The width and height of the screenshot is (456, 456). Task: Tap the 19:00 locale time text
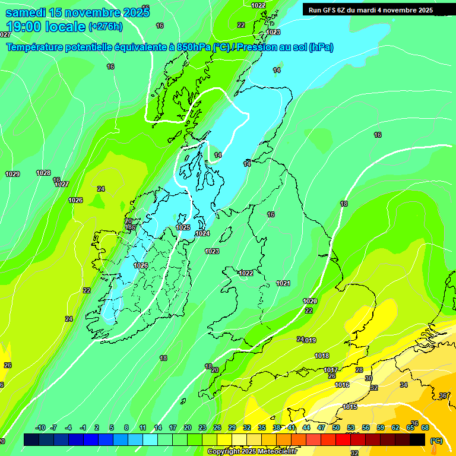(x=45, y=26)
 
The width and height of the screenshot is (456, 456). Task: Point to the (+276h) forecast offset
(x=105, y=26)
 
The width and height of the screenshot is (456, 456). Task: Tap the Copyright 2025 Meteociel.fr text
(x=252, y=451)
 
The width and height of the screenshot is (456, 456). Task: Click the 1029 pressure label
(x=12, y=174)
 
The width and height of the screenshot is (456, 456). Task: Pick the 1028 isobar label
(x=43, y=173)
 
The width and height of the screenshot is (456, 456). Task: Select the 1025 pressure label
(x=183, y=227)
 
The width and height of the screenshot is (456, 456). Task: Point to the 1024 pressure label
(x=202, y=233)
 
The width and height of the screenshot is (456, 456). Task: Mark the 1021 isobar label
(x=283, y=283)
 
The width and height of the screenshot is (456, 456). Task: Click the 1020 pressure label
(x=310, y=301)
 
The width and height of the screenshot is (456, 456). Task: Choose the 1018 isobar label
(x=322, y=356)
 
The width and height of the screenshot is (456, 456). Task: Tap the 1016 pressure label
(x=342, y=385)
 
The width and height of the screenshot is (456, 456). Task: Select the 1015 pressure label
(x=350, y=407)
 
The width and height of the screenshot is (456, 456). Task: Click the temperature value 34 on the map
(x=404, y=385)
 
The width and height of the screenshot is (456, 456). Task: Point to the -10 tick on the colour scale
(x=40, y=427)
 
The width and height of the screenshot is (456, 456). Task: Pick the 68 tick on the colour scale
(x=425, y=427)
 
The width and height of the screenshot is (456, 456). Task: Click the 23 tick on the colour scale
(x=202, y=427)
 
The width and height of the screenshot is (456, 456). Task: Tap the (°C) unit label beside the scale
(x=436, y=441)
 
